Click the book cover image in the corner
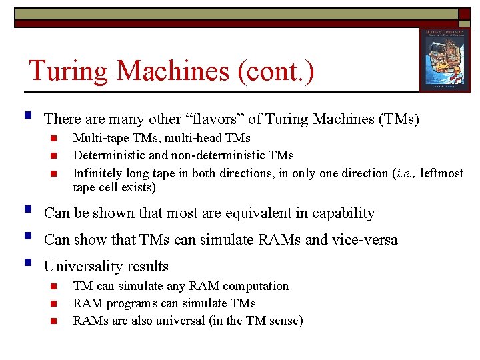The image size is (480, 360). coord(440,59)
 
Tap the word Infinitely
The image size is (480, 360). coord(98,173)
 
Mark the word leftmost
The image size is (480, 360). coord(442,173)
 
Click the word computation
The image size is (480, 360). coord(256,286)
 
